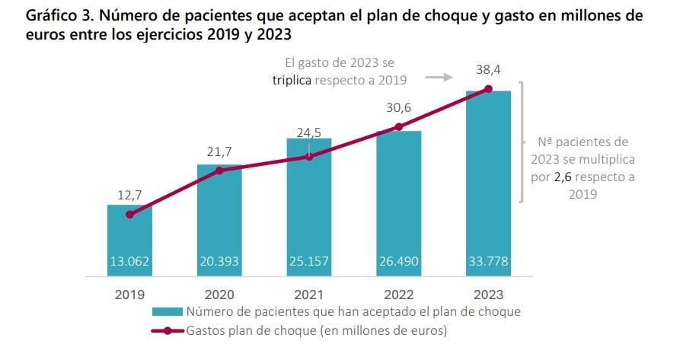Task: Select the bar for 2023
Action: tap(488, 183)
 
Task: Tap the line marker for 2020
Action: tap(219, 170)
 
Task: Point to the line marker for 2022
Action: tap(398, 126)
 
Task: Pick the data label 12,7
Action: tap(129, 196)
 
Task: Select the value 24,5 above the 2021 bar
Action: tap(308, 132)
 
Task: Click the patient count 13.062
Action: tap(129, 261)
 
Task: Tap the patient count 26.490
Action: tap(398, 261)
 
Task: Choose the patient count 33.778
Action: tap(488, 261)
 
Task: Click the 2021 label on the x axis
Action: tap(308, 295)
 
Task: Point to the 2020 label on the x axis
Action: tap(219, 295)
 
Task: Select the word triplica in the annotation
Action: tap(292, 79)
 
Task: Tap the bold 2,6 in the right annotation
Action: tap(563, 177)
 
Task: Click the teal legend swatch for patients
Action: tap(167, 312)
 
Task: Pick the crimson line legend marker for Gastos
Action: tap(167, 331)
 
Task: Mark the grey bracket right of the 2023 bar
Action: tap(522, 142)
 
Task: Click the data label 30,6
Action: tap(398, 108)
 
